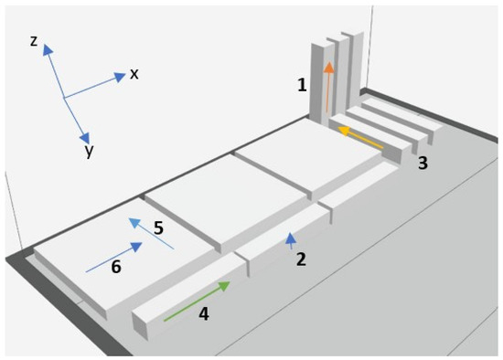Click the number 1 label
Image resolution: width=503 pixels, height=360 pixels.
[x=302, y=85]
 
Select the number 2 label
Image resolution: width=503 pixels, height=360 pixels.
[x=301, y=259]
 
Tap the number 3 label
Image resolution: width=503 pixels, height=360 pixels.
[x=423, y=163]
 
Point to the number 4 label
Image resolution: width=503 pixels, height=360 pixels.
[x=204, y=313]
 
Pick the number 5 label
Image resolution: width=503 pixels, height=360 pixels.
[x=158, y=228]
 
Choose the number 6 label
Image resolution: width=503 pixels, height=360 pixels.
[x=116, y=267]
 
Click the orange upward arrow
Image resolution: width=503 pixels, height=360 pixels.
[x=327, y=87]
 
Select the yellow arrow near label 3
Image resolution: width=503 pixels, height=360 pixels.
[x=360, y=137]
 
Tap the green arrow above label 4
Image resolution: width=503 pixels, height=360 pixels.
[x=197, y=301]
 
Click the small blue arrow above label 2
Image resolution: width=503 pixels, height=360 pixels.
[x=291, y=241]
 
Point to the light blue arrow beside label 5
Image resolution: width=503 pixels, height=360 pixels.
[x=151, y=233]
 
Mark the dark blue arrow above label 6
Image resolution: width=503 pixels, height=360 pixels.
[x=114, y=257]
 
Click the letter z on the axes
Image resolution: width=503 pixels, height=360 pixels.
[x=34, y=41]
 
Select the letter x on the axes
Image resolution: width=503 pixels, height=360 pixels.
[x=134, y=74]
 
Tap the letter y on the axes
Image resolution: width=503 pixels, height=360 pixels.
[x=90, y=150]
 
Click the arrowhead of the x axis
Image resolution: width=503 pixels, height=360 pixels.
[x=120, y=77]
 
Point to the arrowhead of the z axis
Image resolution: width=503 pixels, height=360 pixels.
[x=48, y=50]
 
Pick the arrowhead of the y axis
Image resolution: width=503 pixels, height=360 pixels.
[x=85, y=139]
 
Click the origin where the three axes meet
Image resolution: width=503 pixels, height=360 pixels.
[x=64, y=97]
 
